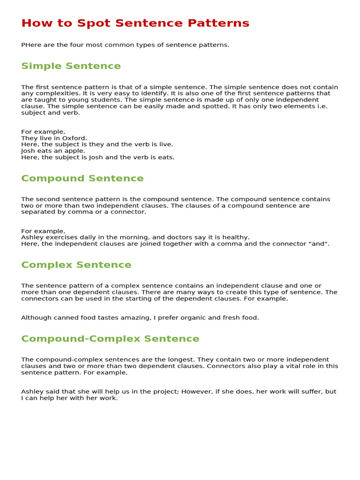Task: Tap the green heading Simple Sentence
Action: coord(71,66)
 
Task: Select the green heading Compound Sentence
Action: coord(82,179)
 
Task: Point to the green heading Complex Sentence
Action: coord(76,265)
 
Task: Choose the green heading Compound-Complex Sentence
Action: coord(110,339)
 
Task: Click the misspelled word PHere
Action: coord(31,45)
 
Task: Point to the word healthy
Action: coord(235,238)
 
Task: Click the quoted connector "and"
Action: coord(319,244)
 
